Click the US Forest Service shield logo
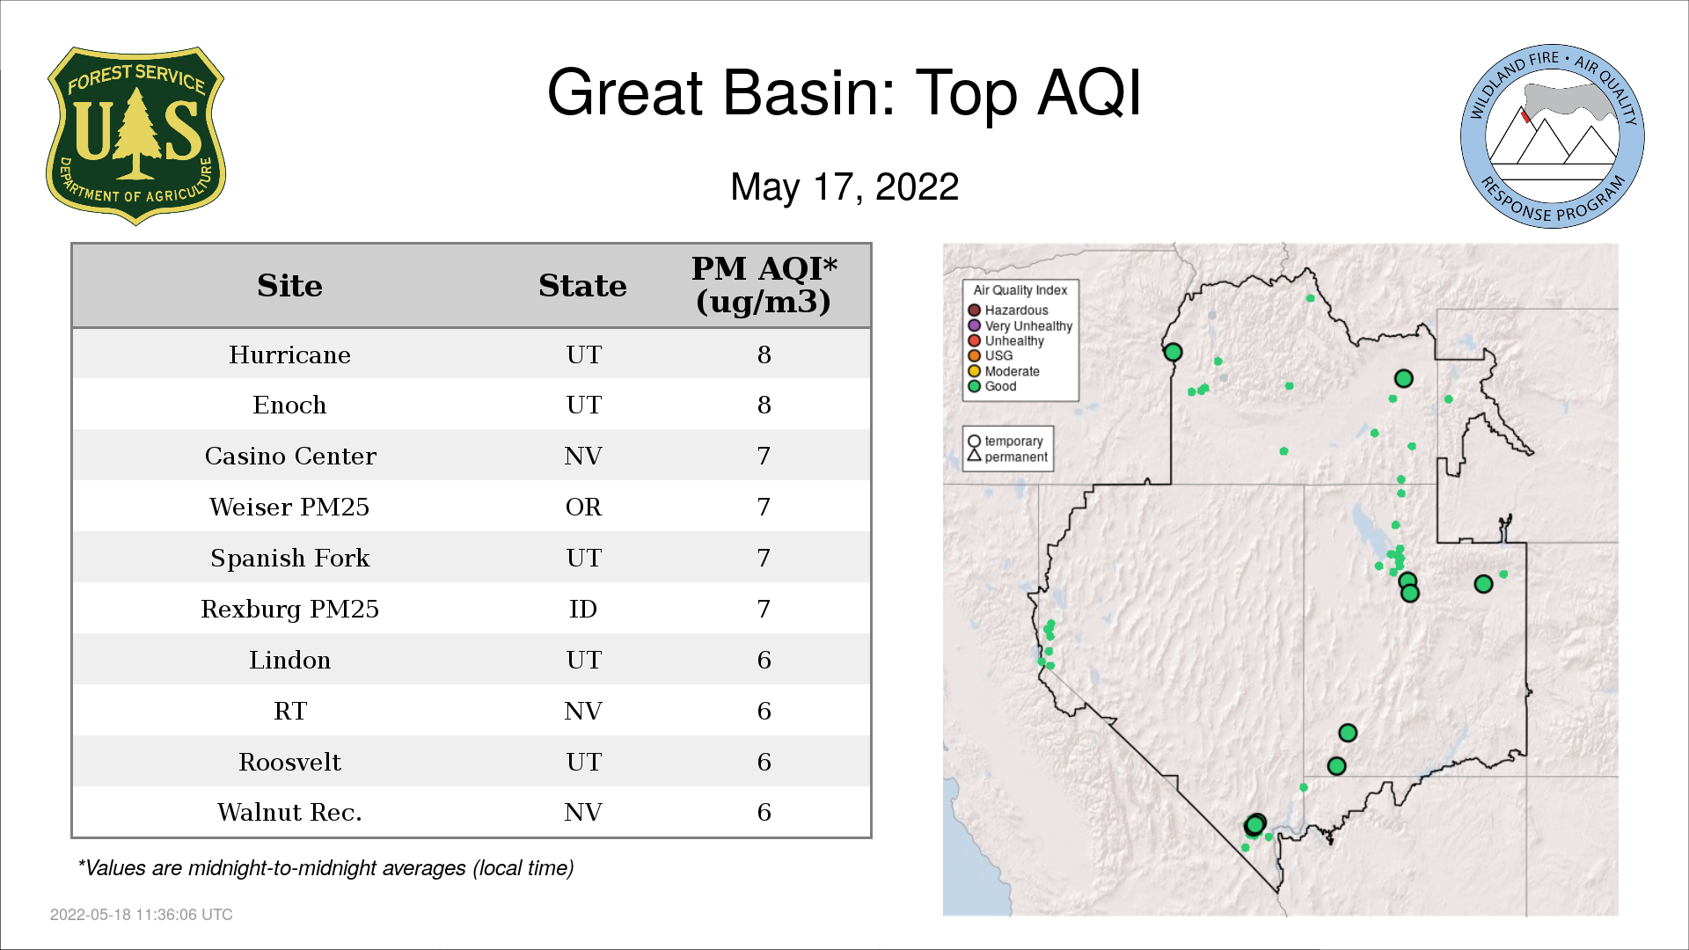point(135,136)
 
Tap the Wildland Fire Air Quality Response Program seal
point(1553,136)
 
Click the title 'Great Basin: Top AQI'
point(844,92)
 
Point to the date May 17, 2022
point(844,186)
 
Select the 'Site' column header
point(289,286)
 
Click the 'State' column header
point(582,286)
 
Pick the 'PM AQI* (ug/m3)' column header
point(764,285)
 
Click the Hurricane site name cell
point(289,354)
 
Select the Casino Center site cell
point(290,456)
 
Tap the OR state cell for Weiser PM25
point(583,507)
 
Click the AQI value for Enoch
point(764,405)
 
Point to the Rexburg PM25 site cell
point(289,609)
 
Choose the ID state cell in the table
point(583,609)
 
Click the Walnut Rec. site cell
point(289,812)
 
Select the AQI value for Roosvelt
point(764,762)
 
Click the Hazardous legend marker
point(974,311)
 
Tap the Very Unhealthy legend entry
point(1020,325)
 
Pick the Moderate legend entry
point(1004,371)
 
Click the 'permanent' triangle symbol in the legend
point(974,456)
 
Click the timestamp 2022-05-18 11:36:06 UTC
point(142,915)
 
